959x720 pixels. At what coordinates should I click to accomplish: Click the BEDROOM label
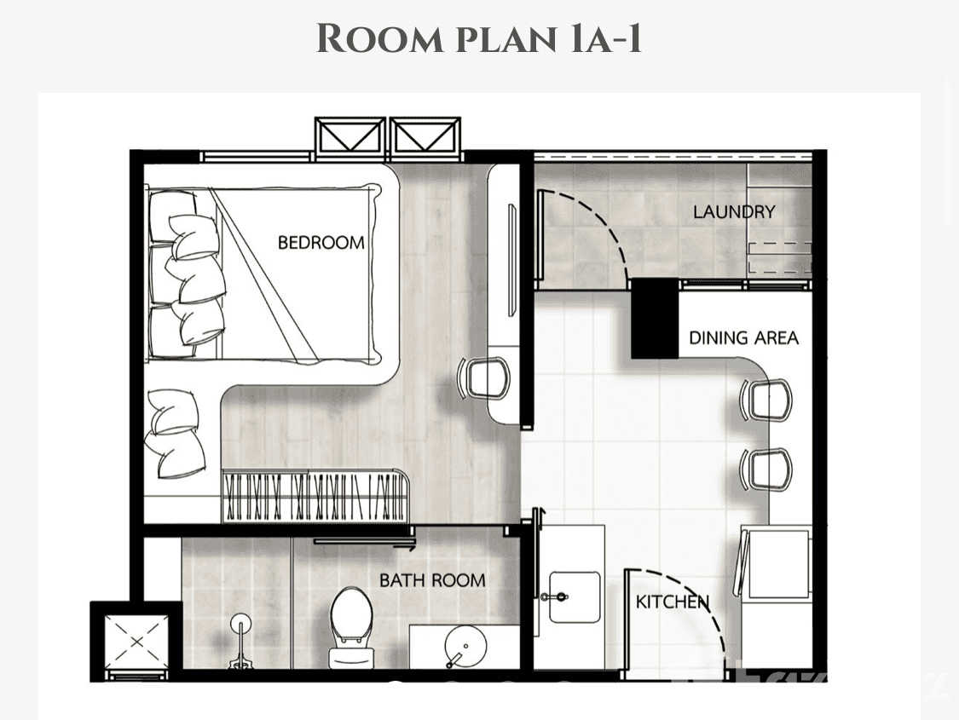click(x=321, y=243)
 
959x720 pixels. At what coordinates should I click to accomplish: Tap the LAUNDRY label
click(x=733, y=212)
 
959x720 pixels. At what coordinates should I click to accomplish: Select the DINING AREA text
click(x=743, y=338)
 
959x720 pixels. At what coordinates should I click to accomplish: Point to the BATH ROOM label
click(x=432, y=580)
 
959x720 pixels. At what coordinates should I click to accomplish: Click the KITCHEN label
click(x=672, y=602)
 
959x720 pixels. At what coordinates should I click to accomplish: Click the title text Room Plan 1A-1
click(x=479, y=40)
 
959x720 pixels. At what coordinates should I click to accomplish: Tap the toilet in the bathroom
click(x=350, y=625)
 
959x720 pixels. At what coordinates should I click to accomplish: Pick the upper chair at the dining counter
click(x=766, y=399)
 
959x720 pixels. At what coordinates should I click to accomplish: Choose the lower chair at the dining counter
click(x=766, y=468)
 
